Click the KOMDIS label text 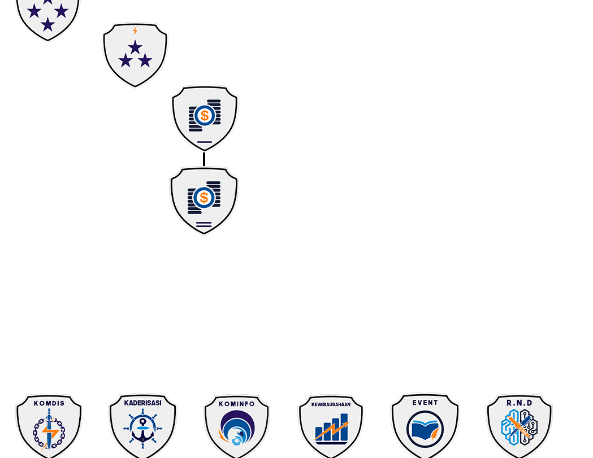click(x=49, y=403)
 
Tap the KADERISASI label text click(x=142, y=403)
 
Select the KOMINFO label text click(x=237, y=404)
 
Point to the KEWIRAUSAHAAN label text click(x=331, y=404)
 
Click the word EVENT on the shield click(x=425, y=403)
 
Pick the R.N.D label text click(x=520, y=403)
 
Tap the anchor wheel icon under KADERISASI click(x=142, y=431)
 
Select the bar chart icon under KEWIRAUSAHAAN click(x=332, y=429)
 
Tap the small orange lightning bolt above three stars click(x=135, y=30)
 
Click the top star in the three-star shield click(x=135, y=47)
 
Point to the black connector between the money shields click(x=204, y=159)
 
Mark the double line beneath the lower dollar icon click(x=204, y=225)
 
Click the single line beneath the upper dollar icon click(x=205, y=142)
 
